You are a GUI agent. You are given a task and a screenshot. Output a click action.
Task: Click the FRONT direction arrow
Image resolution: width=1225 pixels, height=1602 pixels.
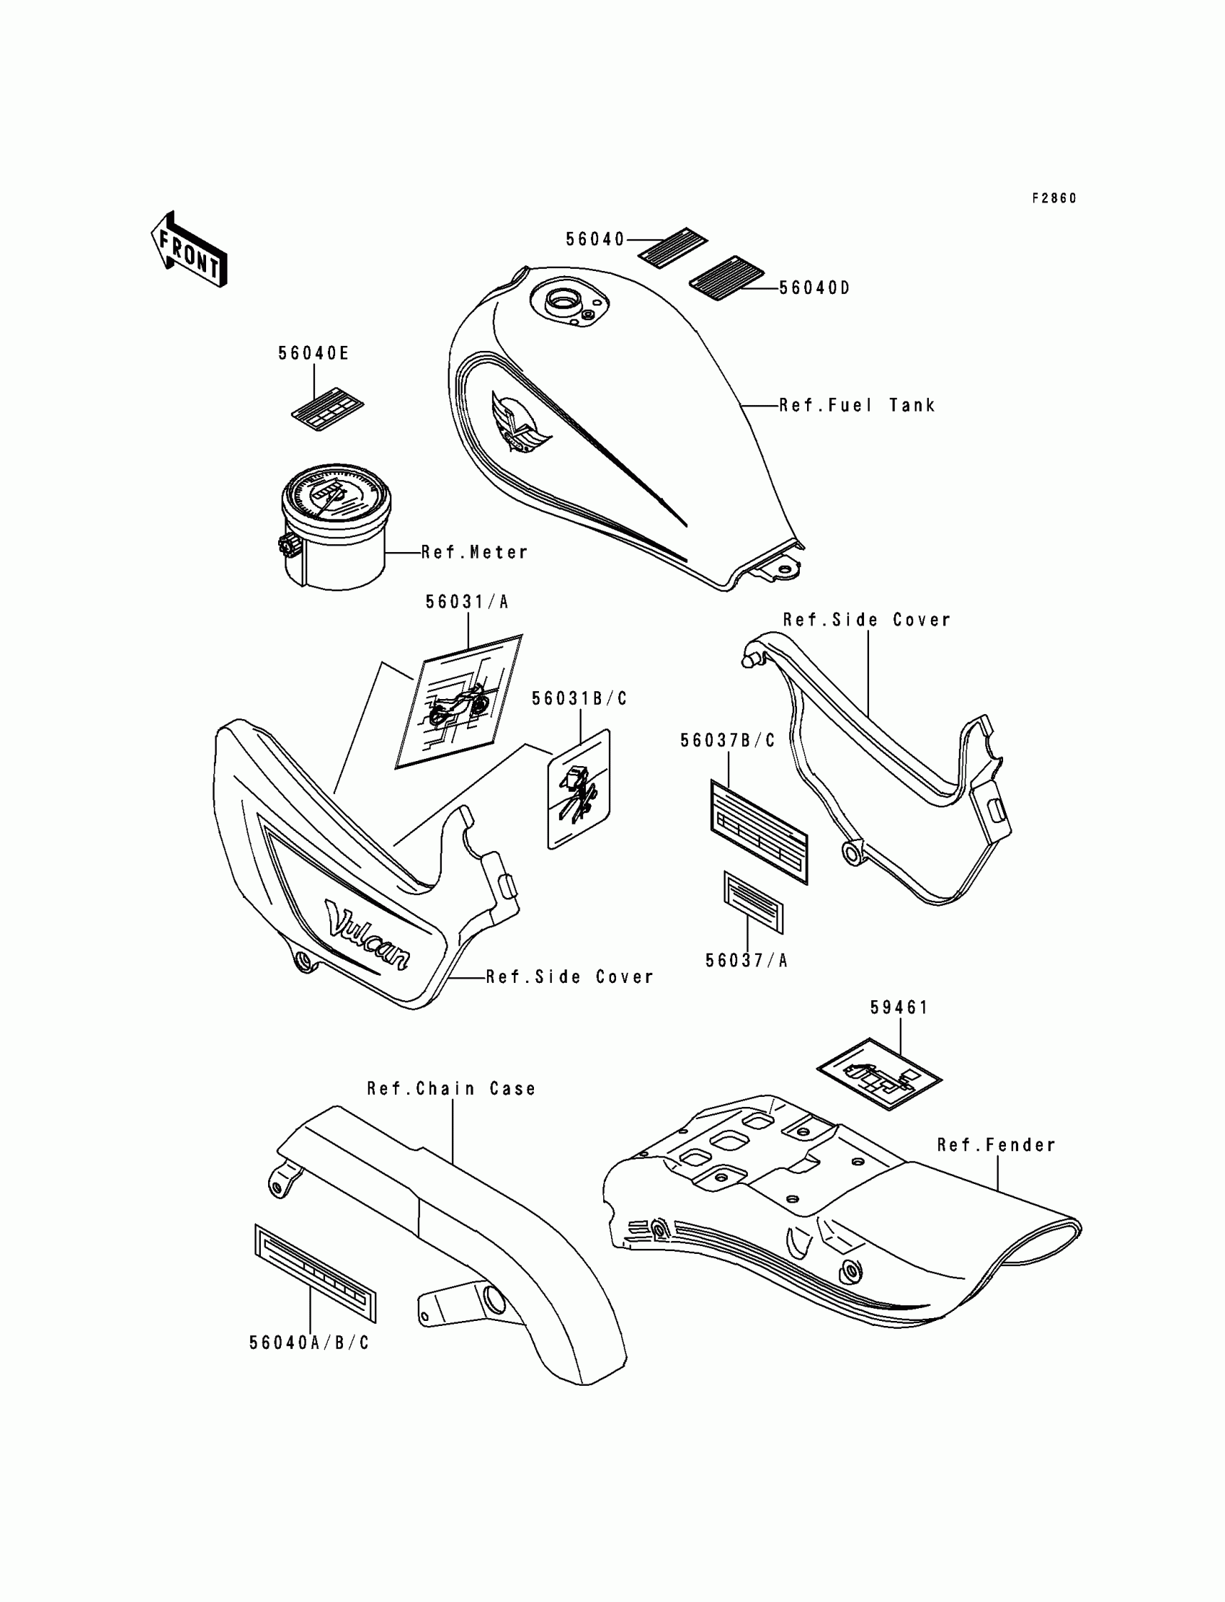(x=188, y=249)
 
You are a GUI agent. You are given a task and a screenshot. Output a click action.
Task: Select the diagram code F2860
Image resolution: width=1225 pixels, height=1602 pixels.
(x=1053, y=198)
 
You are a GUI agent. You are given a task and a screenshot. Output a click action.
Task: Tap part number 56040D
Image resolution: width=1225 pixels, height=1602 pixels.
(x=814, y=288)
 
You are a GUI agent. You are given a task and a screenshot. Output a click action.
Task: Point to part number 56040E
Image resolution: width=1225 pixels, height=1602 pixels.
(x=313, y=354)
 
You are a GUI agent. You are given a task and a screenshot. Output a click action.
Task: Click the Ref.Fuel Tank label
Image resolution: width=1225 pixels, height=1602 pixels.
(x=857, y=406)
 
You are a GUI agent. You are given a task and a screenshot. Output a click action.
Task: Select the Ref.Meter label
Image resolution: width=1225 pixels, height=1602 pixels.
(x=475, y=553)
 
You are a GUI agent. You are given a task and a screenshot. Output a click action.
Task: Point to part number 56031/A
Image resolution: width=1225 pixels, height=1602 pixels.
(x=467, y=602)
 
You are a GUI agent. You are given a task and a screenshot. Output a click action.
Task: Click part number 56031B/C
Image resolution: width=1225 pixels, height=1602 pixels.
(x=579, y=698)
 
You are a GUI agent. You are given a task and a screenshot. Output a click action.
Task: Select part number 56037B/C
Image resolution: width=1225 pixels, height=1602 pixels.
(x=728, y=741)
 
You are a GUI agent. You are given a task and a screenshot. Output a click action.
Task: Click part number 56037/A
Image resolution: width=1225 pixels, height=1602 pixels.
(x=747, y=961)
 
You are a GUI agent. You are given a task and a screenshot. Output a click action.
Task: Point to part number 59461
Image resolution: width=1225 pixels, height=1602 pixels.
(x=899, y=1007)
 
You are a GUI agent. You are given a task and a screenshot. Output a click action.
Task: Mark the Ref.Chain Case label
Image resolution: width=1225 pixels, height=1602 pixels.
(x=451, y=1089)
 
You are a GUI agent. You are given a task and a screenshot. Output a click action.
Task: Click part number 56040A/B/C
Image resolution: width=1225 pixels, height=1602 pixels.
(x=309, y=1343)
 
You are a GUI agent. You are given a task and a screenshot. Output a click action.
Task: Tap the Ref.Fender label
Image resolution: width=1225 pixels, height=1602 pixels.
(x=996, y=1146)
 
